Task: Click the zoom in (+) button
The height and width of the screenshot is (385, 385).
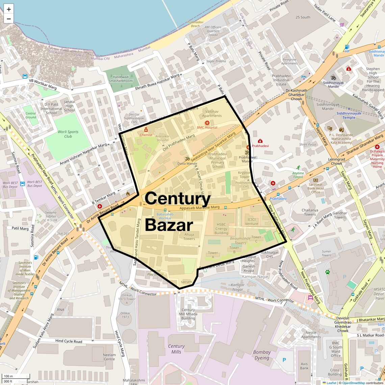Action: tap(9, 9)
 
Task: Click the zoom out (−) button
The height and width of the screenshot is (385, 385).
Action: tap(9, 19)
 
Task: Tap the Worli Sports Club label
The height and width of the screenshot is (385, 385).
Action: tap(68, 134)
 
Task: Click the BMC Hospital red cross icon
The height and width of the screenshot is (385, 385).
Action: tap(207, 123)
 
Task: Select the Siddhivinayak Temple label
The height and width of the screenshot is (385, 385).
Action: tap(349, 115)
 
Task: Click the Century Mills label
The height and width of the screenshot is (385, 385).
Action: tap(176, 349)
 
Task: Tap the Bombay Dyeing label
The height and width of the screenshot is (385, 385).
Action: tap(262, 355)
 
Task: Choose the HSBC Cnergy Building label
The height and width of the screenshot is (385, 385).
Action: tap(221, 229)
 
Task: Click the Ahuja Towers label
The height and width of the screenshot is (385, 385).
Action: tap(189, 236)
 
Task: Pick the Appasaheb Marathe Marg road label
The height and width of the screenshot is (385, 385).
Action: tap(199, 207)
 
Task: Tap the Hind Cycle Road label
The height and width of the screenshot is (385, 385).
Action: tap(69, 341)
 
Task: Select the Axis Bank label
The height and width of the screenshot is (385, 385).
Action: tap(304, 366)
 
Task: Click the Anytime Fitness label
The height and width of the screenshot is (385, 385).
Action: tap(298, 175)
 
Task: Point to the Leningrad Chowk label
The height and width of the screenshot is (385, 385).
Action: tap(336, 161)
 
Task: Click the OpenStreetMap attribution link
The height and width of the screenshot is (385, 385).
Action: tap(353, 383)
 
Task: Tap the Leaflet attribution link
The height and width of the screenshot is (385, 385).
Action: tap(331, 383)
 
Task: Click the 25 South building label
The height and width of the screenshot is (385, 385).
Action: tap(303, 17)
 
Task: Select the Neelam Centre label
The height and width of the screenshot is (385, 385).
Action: tap(109, 357)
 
